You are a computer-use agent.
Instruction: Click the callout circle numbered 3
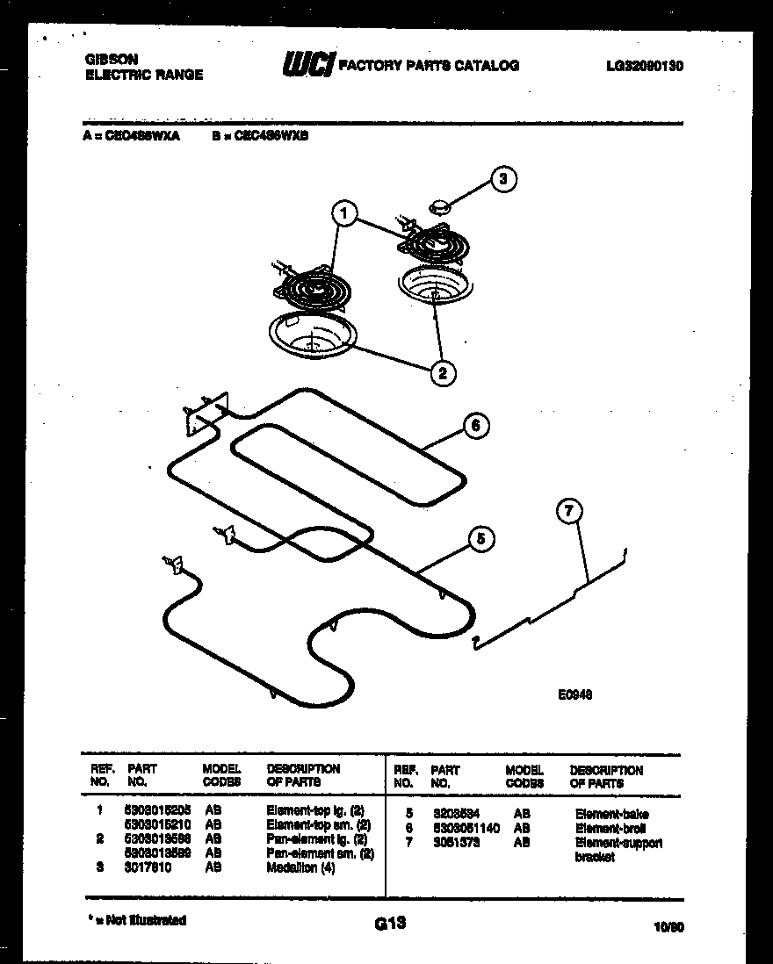(x=503, y=180)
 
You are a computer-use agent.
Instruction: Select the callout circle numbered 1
(x=345, y=212)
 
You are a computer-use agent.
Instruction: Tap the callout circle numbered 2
(x=442, y=373)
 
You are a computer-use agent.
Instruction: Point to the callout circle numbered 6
(x=475, y=427)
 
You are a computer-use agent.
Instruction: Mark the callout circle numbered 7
(x=569, y=510)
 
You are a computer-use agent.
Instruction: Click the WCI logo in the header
(x=307, y=65)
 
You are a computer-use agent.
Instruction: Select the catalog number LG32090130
(x=644, y=66)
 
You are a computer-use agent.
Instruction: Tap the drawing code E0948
(x=574, y=694)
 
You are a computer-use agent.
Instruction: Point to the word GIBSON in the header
(x=111, y=59)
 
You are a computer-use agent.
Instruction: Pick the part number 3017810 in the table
(x=147, y=867)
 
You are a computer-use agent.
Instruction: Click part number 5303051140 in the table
(x=465, y=828)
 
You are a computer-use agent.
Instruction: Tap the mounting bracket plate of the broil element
(x=204, y=412)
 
